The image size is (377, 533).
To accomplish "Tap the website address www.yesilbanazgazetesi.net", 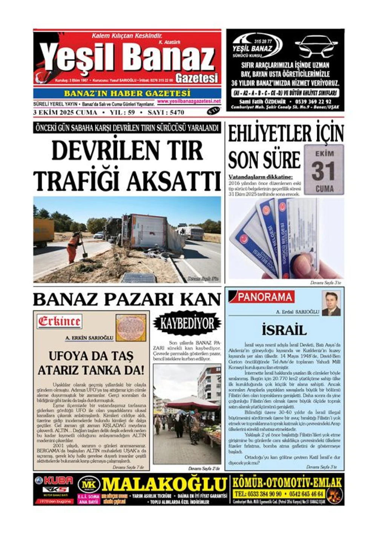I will pos(189,101).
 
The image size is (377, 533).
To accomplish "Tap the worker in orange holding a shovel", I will pos(75,246).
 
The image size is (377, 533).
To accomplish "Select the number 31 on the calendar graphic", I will pos(324,171).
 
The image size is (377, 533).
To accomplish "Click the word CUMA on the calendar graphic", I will pos(324,188).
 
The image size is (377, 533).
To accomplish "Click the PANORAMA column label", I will pos(265,297).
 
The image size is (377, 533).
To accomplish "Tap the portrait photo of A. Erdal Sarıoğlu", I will pos(331,304).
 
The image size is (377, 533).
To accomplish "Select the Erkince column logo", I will pos(59,321).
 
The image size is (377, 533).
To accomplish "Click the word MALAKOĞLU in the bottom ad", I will pos(164,484).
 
